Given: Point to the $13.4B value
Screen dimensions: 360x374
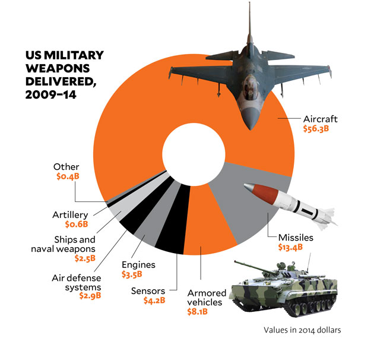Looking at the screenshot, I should (x=291, y=247).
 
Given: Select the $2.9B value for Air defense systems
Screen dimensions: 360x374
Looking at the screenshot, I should (x=90, y=295).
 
